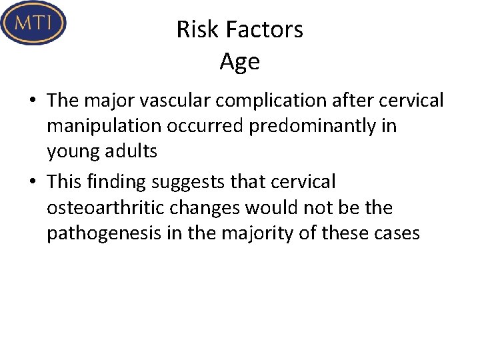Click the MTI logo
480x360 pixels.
pos(33,23)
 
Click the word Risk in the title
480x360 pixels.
pos(192,29)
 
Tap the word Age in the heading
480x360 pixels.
pos(239,62)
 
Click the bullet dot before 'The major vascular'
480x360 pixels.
pos(33,101)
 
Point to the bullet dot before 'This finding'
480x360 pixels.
pos(33,182)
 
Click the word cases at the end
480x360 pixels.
pos(397,234)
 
